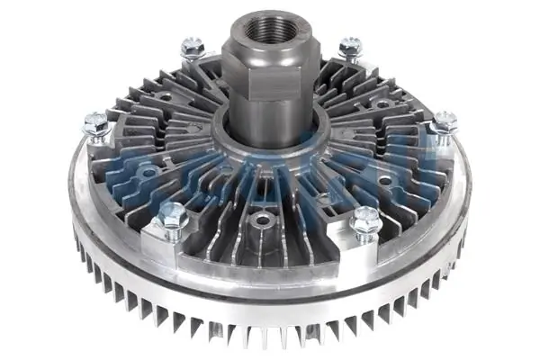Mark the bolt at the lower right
pyautogui.click(x=365, y=218)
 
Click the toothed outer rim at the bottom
pyautogui.click(x=270, y=337)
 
